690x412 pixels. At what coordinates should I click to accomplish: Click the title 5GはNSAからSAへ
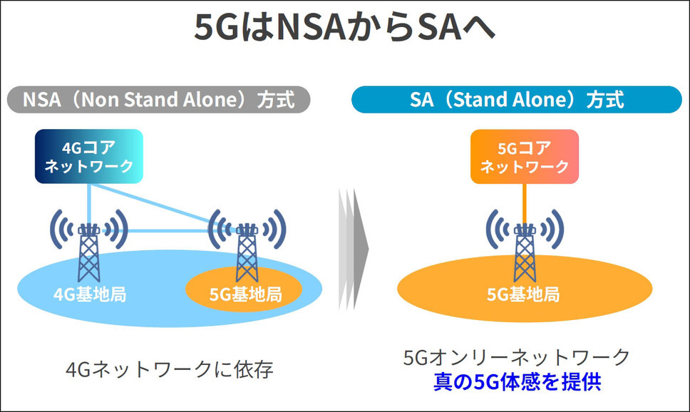[x=344, y=27]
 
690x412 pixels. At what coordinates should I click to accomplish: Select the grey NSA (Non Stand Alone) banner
[x=159, y=100]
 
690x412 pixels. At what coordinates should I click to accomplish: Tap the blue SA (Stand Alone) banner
[x=517, y=100]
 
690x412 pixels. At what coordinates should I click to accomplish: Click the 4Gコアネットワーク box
[x=89, y=156]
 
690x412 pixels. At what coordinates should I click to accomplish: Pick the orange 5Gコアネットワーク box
[x=525, y=156]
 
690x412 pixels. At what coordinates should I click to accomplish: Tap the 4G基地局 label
[x=90, y=294]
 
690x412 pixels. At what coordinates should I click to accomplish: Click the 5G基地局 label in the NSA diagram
[x=245, y=294]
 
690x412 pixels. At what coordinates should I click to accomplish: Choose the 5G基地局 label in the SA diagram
[x=523, y=294]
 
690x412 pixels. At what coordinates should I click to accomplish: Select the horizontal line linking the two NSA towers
[x=168, y=231]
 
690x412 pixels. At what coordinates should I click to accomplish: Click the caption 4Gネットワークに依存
[x=170, y=369]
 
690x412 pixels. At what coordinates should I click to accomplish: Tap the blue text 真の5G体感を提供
[x=517, y=381]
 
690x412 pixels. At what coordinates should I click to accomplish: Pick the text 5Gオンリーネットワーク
[x=517, y=357]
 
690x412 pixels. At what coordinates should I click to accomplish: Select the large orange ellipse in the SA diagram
[x=525, y=289]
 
